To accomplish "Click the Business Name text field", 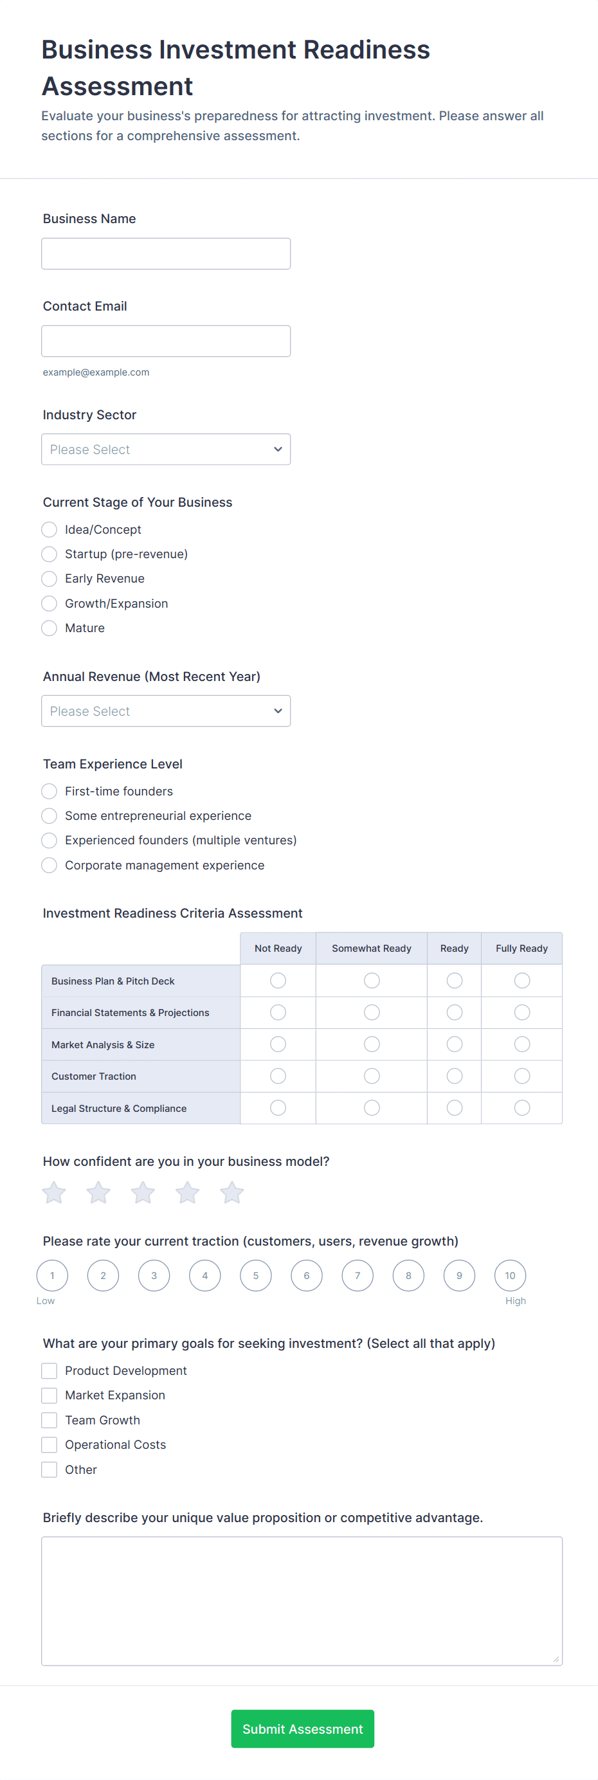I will [165, 253].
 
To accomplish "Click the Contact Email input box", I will [165, 341].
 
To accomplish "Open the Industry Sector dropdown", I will [165, 449].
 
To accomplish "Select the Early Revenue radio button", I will [49, 578].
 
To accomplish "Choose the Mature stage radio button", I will [49, 628].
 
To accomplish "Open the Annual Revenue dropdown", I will [165, 711].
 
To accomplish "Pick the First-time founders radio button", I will [49, 791].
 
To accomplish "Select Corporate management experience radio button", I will [49, 865].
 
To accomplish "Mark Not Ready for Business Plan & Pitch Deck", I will [278, 981].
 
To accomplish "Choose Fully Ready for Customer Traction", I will [522, 1076].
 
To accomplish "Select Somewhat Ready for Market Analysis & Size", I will [372, 1044].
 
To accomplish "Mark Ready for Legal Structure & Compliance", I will [454, 1107].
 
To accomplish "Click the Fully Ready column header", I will [521, 948].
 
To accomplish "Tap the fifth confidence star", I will [231, 1193].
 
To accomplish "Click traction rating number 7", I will [358, 1276].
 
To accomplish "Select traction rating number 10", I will [510, 1276].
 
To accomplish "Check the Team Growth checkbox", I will [49, 1420].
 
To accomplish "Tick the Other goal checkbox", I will [49, 1470].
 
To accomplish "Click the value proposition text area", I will [302, 1601].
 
